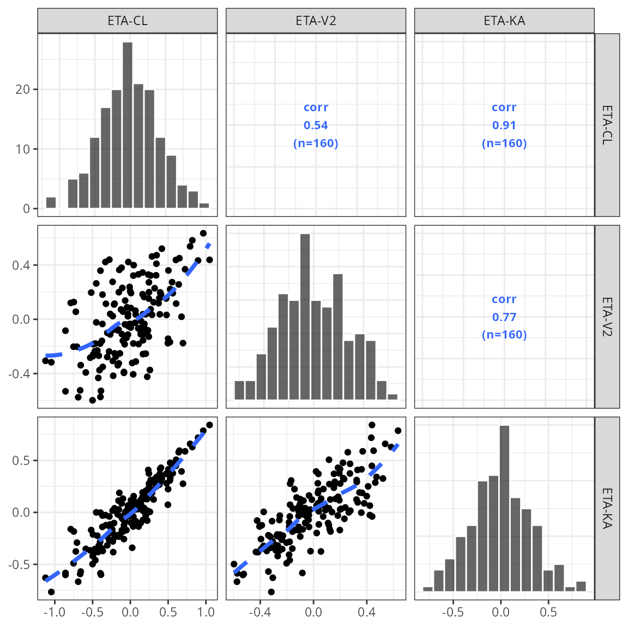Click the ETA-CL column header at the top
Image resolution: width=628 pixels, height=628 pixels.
tap(128, 21)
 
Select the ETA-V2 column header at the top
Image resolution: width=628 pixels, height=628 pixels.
tap(316, 21)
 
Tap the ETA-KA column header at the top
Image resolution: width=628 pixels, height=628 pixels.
tap(504, 21)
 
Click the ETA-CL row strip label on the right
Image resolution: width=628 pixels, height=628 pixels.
tap(607, 125)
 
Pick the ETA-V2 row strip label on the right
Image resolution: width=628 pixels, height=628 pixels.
tap(607, 317)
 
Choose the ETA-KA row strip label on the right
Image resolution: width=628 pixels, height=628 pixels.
tap(607, 508)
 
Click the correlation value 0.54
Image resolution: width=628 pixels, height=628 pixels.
tap(316, 125)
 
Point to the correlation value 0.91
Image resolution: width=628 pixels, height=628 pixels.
tap(504, 125)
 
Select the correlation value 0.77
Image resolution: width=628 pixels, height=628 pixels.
tap(504, 317)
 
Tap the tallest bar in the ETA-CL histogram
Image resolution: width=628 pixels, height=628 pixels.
tap(128, 125)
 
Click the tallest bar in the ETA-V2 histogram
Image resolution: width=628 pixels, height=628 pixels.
tap(305, 316)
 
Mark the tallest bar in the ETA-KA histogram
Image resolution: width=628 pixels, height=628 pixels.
tap(504, 507)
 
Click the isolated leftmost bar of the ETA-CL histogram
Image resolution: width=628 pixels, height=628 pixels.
tap(51, 203)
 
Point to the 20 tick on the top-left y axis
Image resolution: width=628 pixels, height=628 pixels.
tap(23, 89)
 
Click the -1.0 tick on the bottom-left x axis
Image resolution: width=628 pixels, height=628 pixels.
tap(54, 612)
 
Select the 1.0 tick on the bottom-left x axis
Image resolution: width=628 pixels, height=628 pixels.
tap(206, 612)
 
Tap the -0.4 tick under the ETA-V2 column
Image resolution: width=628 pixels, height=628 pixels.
tap(259, 612)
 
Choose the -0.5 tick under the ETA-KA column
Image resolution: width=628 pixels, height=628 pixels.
tap(452, 612)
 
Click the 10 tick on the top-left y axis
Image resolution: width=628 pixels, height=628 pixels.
tap(23, 149)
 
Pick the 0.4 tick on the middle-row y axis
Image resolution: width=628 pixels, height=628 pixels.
tap(22, 265)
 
